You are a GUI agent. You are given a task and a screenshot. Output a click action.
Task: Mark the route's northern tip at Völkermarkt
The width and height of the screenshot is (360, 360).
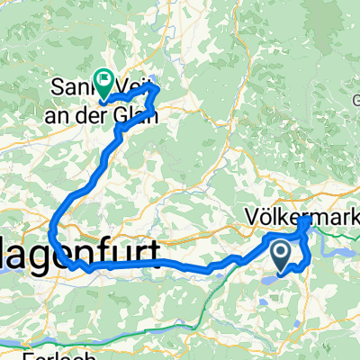pos(305,219)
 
